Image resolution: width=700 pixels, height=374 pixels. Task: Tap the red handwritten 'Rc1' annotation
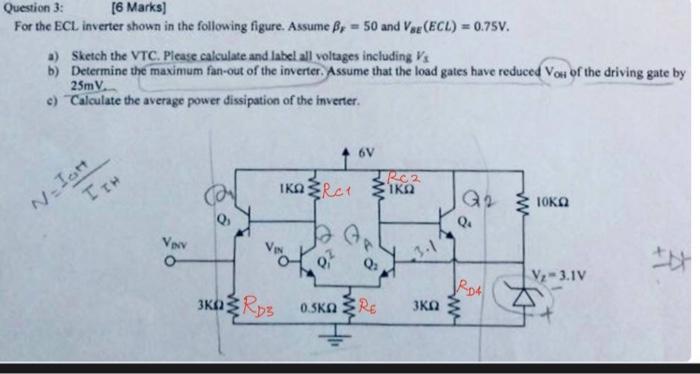click(345, 187)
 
